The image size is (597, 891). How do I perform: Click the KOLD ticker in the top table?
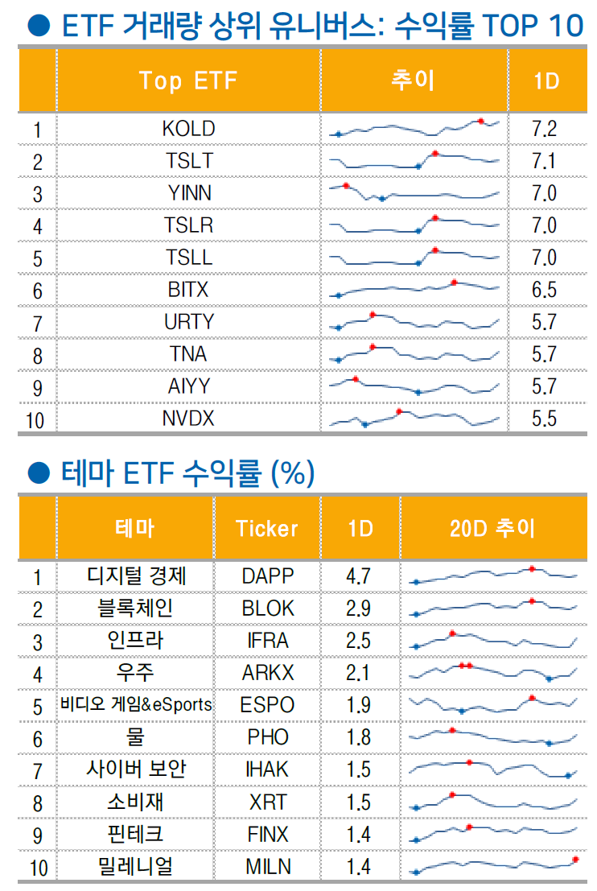(x=188, y=129)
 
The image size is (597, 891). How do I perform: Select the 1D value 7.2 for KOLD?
(x=544, y=129)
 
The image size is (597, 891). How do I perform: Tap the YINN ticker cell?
(x=189, y=193)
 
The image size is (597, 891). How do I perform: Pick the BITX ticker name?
(x=188, y=290)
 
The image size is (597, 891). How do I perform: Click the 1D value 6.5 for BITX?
(x=544, y=290)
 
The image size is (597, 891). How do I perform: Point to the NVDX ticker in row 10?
(x=188, y=419)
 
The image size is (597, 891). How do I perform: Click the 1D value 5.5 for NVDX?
(x=544, y=419)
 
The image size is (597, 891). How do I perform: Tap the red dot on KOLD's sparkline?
(x=481, y=121)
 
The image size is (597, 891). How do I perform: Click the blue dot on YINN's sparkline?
(x=382, y=199)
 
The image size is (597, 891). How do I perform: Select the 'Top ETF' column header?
(x=188, y=80)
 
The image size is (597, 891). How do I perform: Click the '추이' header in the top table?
(x=413, y=80)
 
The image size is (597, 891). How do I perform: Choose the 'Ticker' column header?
(x=266, y=528)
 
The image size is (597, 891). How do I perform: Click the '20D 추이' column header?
(x=492, y=528)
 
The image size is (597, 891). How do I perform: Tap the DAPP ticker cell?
(x=268, y=576)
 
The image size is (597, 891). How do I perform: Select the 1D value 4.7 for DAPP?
(x=358, y=576)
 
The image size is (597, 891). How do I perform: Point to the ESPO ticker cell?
(x=267, y=705)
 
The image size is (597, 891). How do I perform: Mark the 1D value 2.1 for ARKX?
(x=358, y=673)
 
